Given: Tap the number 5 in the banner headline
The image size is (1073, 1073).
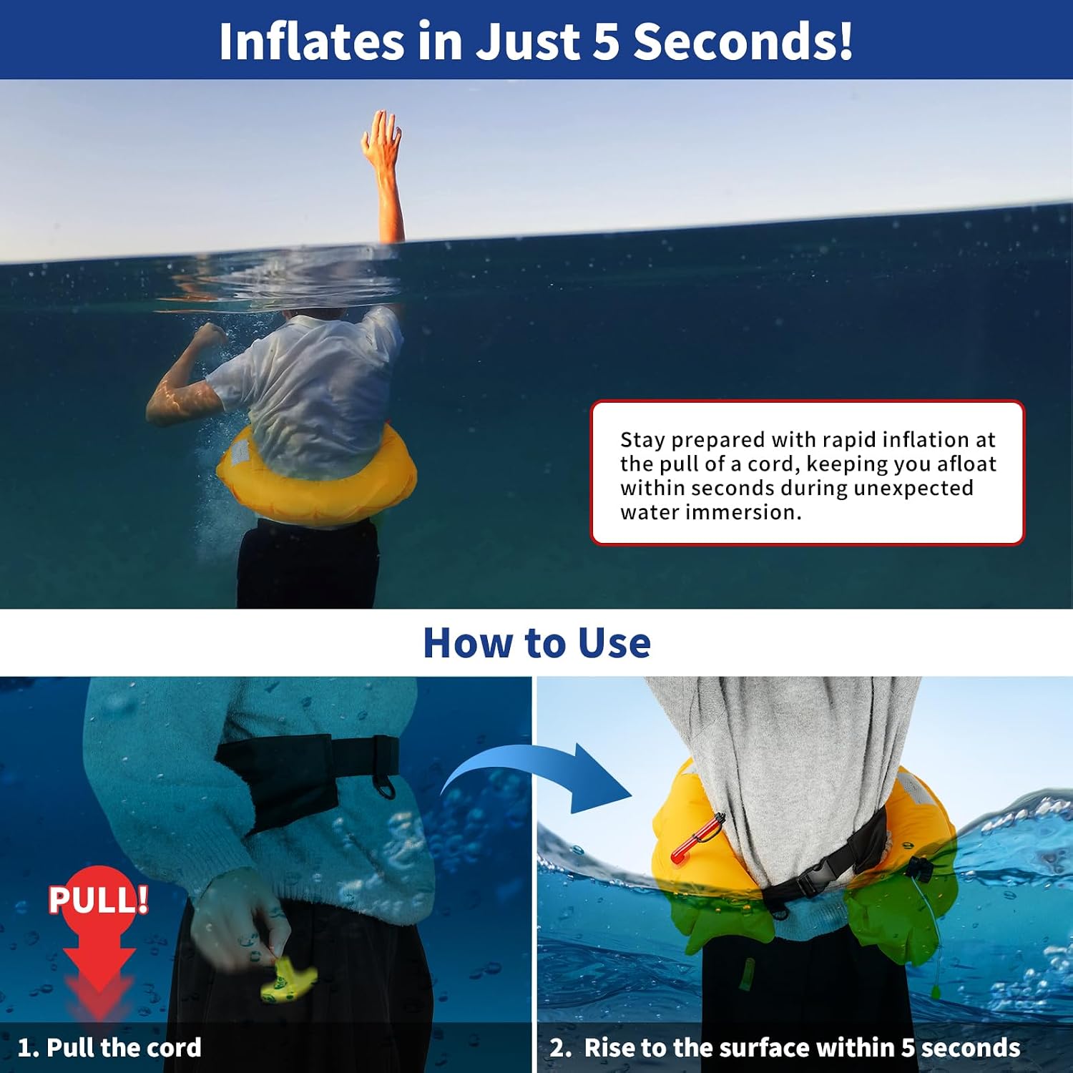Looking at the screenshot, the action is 605,41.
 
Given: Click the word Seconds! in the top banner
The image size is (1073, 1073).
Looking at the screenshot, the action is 743,41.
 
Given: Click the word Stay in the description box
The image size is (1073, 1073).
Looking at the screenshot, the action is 642,439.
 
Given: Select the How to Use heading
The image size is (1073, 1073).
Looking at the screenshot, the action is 536,642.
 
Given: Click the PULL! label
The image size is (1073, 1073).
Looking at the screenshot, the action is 99,899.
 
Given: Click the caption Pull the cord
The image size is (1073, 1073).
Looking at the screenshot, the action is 124,1047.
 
